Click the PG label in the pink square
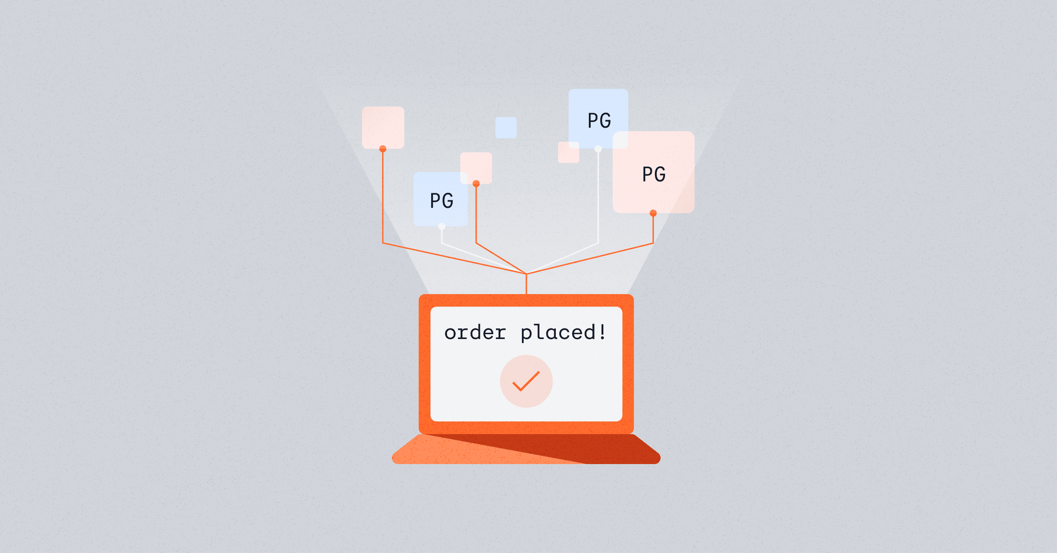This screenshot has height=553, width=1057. [x=654, y=174]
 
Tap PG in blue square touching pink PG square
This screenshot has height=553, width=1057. [x=599, y=121]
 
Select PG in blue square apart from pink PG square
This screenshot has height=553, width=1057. [x=442, y=201]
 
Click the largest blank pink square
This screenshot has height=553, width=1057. [x=383, y=127]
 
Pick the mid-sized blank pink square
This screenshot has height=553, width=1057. [x=476, y=168]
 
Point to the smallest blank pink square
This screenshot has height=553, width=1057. [x=569, y=152]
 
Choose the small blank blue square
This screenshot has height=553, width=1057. [x=506, y=128]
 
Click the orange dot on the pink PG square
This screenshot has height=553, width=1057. [x=653, y=213]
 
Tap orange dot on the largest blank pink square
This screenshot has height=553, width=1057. [x=383, y=149]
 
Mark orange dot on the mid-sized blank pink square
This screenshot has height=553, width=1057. [x=476, y=184]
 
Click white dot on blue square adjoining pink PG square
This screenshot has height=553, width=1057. [x=598, y=149]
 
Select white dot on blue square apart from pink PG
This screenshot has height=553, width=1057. [x=442, y=226]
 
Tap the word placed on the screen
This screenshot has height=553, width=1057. [x=558, y=333]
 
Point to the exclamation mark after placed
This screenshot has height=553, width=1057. [x=602, y=332]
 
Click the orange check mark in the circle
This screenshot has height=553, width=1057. [x=526, y=381]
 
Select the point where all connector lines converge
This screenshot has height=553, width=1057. [x=526, y=274]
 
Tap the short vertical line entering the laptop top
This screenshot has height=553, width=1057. [x=526, y=284]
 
